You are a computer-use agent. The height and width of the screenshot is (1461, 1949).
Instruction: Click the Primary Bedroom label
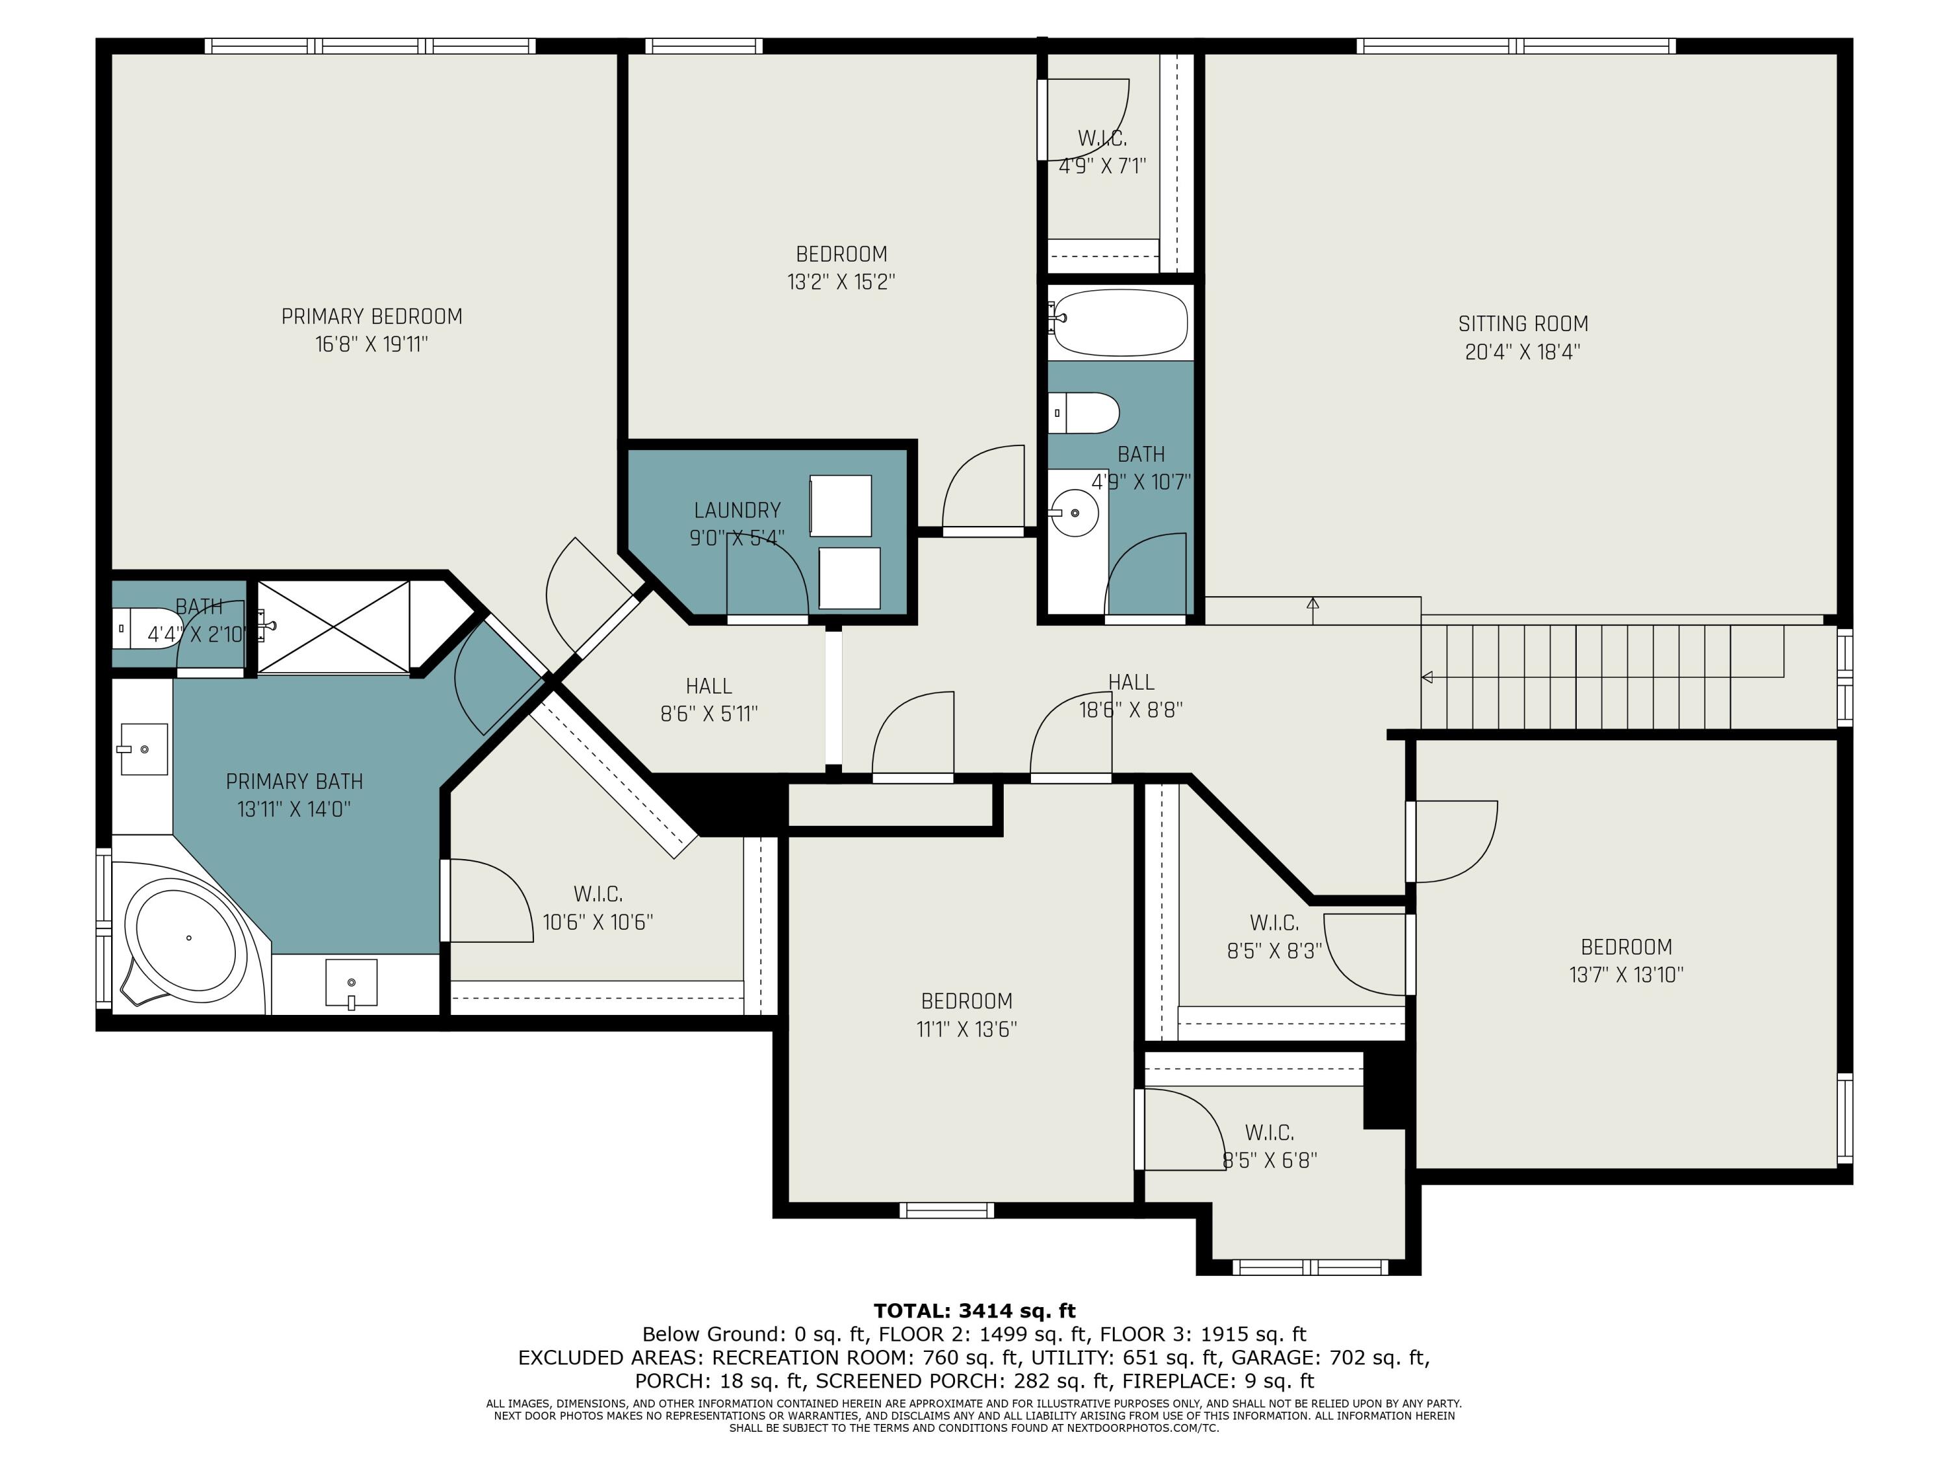(372, 316)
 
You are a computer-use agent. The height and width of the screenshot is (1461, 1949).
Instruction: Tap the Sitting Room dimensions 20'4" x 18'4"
(1523, 351)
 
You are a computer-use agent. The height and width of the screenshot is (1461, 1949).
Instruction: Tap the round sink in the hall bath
(1074, 512)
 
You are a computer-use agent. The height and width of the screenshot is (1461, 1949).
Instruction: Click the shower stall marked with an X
(333, 627)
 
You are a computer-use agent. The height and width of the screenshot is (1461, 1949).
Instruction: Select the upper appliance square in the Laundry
(841, 505)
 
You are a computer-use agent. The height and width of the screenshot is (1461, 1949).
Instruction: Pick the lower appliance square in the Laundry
(849, 578)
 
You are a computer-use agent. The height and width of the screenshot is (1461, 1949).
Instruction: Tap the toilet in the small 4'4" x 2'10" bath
(146, 628)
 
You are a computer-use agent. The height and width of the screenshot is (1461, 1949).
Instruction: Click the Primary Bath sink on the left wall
(144, 749)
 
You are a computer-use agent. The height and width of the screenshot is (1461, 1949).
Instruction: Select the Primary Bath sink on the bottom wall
(351, 984)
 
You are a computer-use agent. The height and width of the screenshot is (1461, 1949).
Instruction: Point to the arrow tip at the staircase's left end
(1421, 677)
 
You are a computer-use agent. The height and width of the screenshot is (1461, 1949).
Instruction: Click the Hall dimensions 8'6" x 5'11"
(709, 714)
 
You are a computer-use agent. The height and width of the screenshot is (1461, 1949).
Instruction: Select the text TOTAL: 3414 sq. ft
(974, 1311)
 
